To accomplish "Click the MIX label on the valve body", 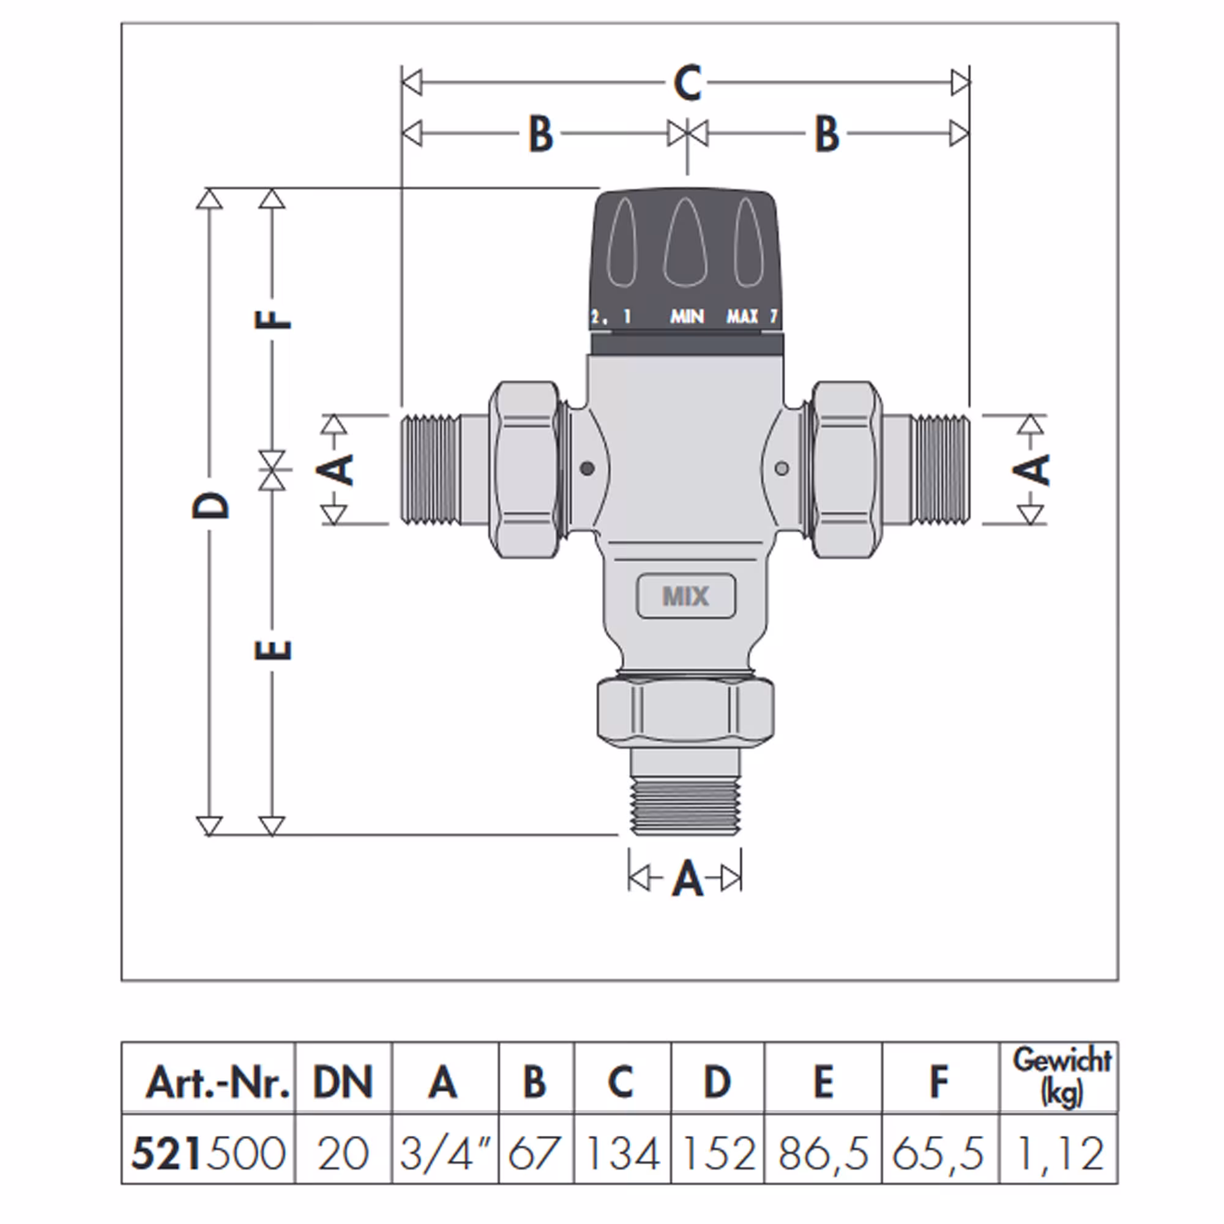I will pos(685,596).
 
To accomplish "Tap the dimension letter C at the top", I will pos(687,83).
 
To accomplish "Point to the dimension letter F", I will pos(273,319).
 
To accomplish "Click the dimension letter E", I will pos(273,650).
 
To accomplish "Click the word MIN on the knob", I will pos(687,316).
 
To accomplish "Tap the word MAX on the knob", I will pos(742,316).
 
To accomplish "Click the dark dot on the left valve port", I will pos(588,469).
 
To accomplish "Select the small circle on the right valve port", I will pos(782,469).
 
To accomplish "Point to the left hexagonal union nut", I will pos(525,469).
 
